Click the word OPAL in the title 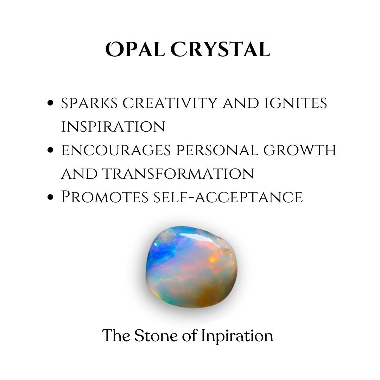point(135,50)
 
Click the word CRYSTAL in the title point(220,50)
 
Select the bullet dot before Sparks point(50,103)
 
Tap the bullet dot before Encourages point(50,150)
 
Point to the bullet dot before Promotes point(50,197)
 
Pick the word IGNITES point(296,103)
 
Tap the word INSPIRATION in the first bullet point(113,127)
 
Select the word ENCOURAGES point(116,150)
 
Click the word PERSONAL point(217,150)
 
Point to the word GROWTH point(300,150)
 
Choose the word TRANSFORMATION point(178,173)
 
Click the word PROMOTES point(105,197)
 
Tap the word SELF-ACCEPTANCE point(228,197)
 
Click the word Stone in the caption point(156,336)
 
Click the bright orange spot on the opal point(213,259)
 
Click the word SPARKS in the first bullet point(89,103)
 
